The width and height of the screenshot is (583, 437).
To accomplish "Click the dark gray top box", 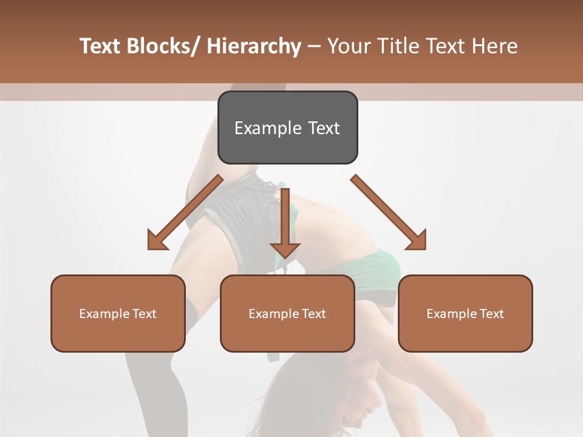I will pyautogui.click(x=287, y=127).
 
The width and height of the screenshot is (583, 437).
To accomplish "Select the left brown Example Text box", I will pyautogui.click(x=118, y=313).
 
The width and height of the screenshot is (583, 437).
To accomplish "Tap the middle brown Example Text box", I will pyautogui.click(x=287, y=313).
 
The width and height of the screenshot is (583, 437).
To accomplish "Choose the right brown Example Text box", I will pyautogui.click(x=465, y=313).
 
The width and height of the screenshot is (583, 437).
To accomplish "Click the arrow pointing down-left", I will pyautogui.click(x=185, y=213).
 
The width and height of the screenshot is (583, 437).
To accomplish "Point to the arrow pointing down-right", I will pyautogui.click(x=389, y=212).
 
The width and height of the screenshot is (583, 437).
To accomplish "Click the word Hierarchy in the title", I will pyautogui.click(x=254, y=46).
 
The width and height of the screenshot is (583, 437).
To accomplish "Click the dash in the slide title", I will pyautogui.click(x=314, y=46).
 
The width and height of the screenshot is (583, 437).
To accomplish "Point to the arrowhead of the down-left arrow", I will pyautogui.click(x=157, y=240).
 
